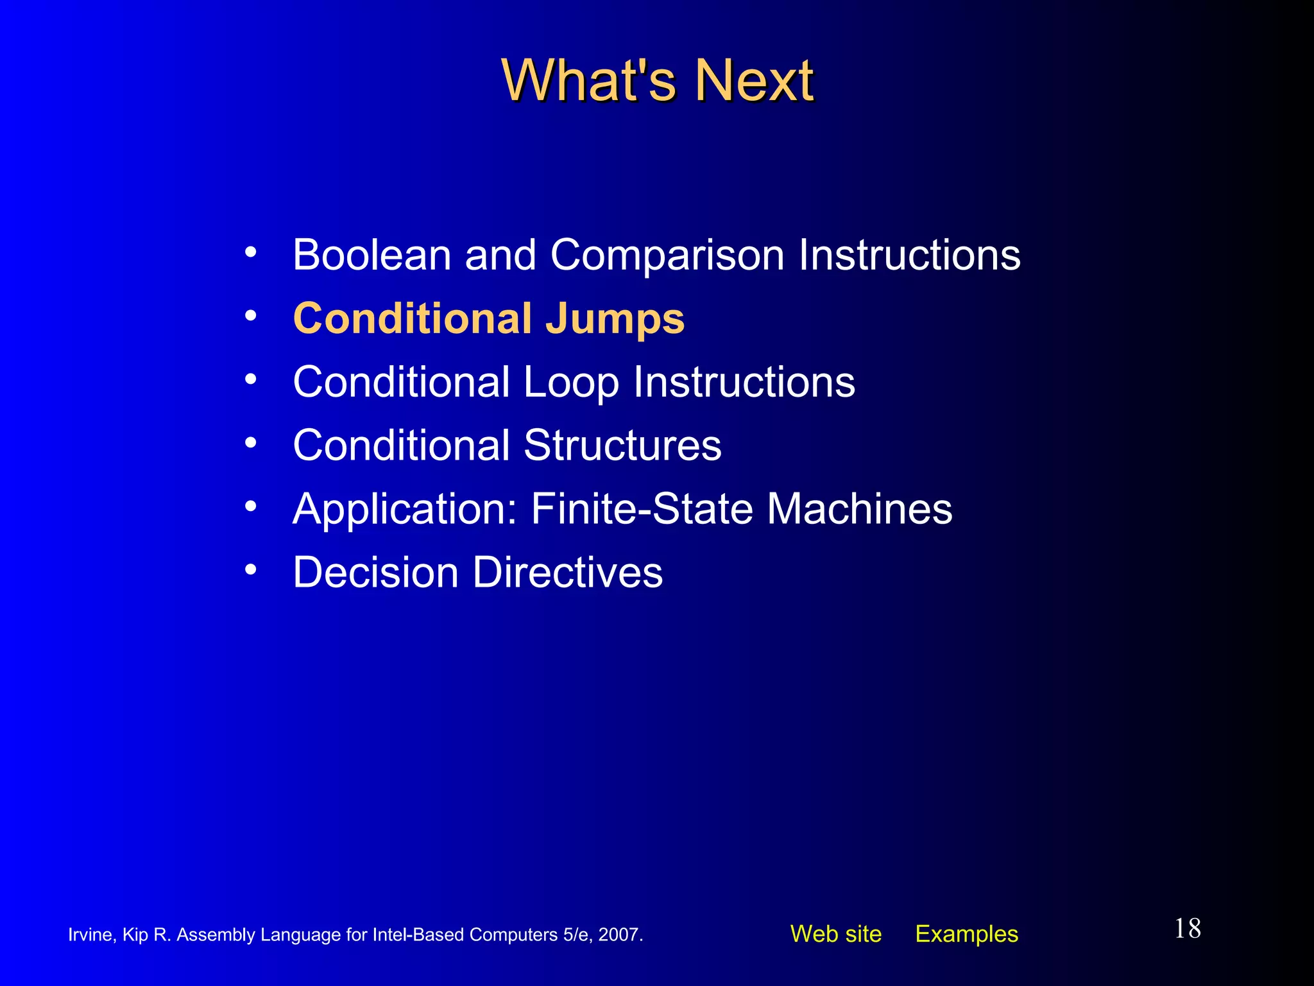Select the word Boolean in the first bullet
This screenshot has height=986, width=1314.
(371, 255)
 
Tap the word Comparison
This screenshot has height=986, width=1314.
(667, 256)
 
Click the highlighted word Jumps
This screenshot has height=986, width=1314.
(615, 319)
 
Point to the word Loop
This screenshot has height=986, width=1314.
(571, 383)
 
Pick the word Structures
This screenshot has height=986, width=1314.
(622, 445)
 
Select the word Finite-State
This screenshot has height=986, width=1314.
(642, 508)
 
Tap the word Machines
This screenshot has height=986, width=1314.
(860, 508)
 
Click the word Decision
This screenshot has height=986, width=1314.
(375, 572)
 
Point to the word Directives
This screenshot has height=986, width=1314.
(568, 572)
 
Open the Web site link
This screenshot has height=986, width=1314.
(835, 934)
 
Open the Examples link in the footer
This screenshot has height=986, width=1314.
(966, 934)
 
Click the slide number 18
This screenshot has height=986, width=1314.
(1187, 929)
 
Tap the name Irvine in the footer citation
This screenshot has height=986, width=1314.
(90, 935)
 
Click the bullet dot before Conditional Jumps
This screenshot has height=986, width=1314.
(251, 315)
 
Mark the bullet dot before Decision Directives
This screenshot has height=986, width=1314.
(251, 569)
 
